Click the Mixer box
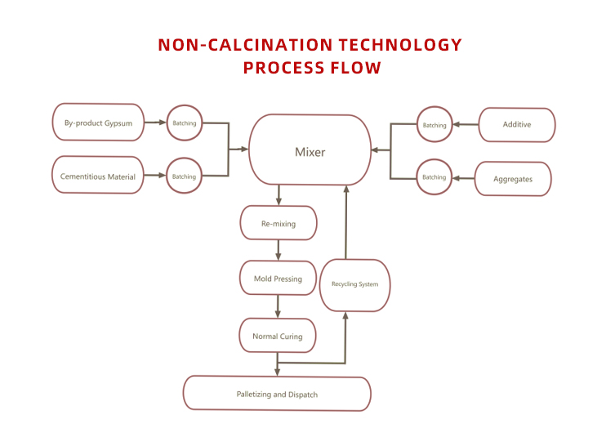coord(310,151)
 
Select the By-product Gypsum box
coord(98,123)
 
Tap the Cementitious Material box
coord(98,176)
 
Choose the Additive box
coord(516,125)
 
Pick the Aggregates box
coord(513,179)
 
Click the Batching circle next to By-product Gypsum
coord(185,123)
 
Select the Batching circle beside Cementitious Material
coord(185,176)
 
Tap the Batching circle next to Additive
coord(434,125)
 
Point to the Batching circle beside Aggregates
coord(434,176)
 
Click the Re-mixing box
coord(278,223)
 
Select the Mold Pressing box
coord(278,279)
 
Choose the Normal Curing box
coord(278,336)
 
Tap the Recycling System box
coord(354,284)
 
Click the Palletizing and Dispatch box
coord(277,394)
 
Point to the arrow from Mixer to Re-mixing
coord(279,195)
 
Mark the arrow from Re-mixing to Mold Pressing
coord(278,250)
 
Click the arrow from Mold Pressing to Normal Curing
coord(278,306)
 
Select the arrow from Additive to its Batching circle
coord(466,125)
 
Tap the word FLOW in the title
coord(353,68)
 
